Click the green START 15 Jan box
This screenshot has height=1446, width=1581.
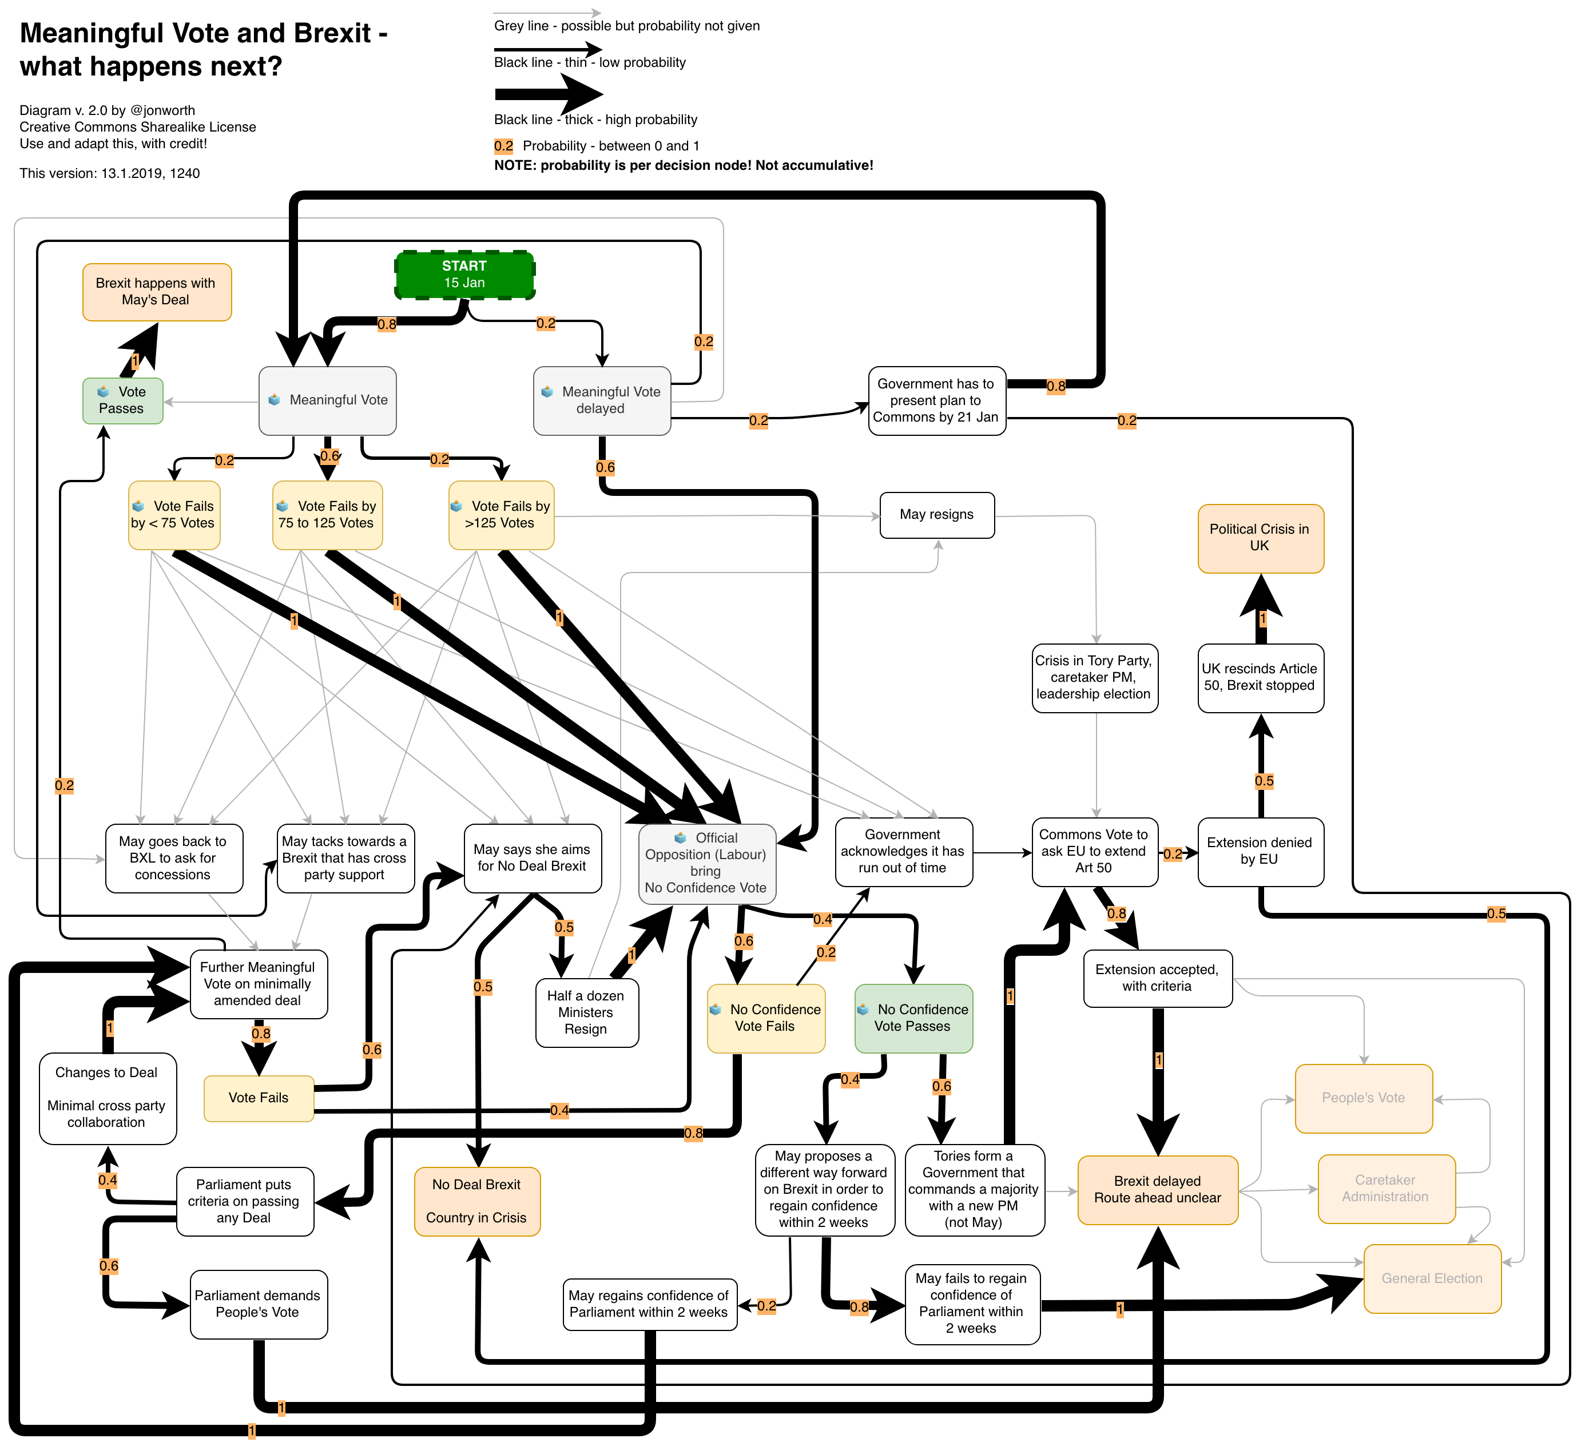[464, 275]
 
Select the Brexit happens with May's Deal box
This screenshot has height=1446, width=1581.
[156, 292]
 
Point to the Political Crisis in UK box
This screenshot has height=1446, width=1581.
[1260, 538]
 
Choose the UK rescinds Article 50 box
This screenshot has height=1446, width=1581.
[1260, 677]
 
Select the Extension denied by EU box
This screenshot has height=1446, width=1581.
[1260, 852]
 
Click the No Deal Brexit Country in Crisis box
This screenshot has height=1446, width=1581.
[477, 1201]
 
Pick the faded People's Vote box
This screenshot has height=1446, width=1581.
[1363, 1098]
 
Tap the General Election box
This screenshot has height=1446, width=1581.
[1432, 1278]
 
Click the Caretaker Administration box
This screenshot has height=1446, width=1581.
[1386, 1189]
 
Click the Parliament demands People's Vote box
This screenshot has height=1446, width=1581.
[258, 1304]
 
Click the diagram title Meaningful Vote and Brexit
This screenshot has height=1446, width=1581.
[203, 49]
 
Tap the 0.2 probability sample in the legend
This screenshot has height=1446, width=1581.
[503, 146]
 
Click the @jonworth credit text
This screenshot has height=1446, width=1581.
[162, 110]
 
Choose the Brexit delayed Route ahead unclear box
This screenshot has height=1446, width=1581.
[1158, 1190]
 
